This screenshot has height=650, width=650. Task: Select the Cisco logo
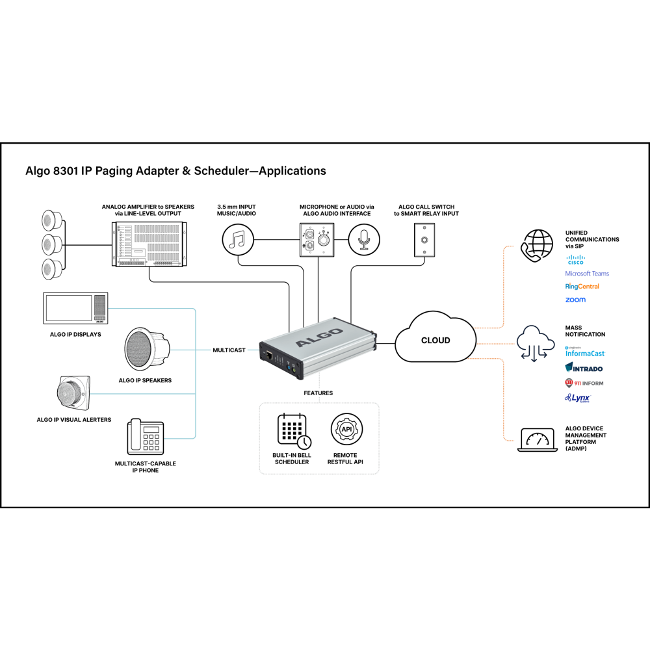coord(575,260)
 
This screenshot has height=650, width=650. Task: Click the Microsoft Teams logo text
coord(587,274)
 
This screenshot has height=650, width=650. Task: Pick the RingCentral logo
coord(582,287)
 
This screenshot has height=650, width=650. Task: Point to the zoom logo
coord(575,300)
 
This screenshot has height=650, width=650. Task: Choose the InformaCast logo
coord(584,353)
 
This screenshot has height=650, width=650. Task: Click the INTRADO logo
coord(584,368)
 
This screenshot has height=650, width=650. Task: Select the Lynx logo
coord(577,398)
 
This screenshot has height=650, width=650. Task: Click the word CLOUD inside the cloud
coord(435,340)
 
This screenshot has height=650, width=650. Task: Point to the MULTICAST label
coord(229,350)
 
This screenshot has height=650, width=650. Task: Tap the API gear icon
coord(346,429)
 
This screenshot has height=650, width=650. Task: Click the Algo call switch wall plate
coord(425,239)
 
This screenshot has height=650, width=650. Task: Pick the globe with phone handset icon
coord(537,246)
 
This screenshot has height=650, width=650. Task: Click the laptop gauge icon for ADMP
coord(537,440)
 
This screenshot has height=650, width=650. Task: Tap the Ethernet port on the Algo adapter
coord(268,356)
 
